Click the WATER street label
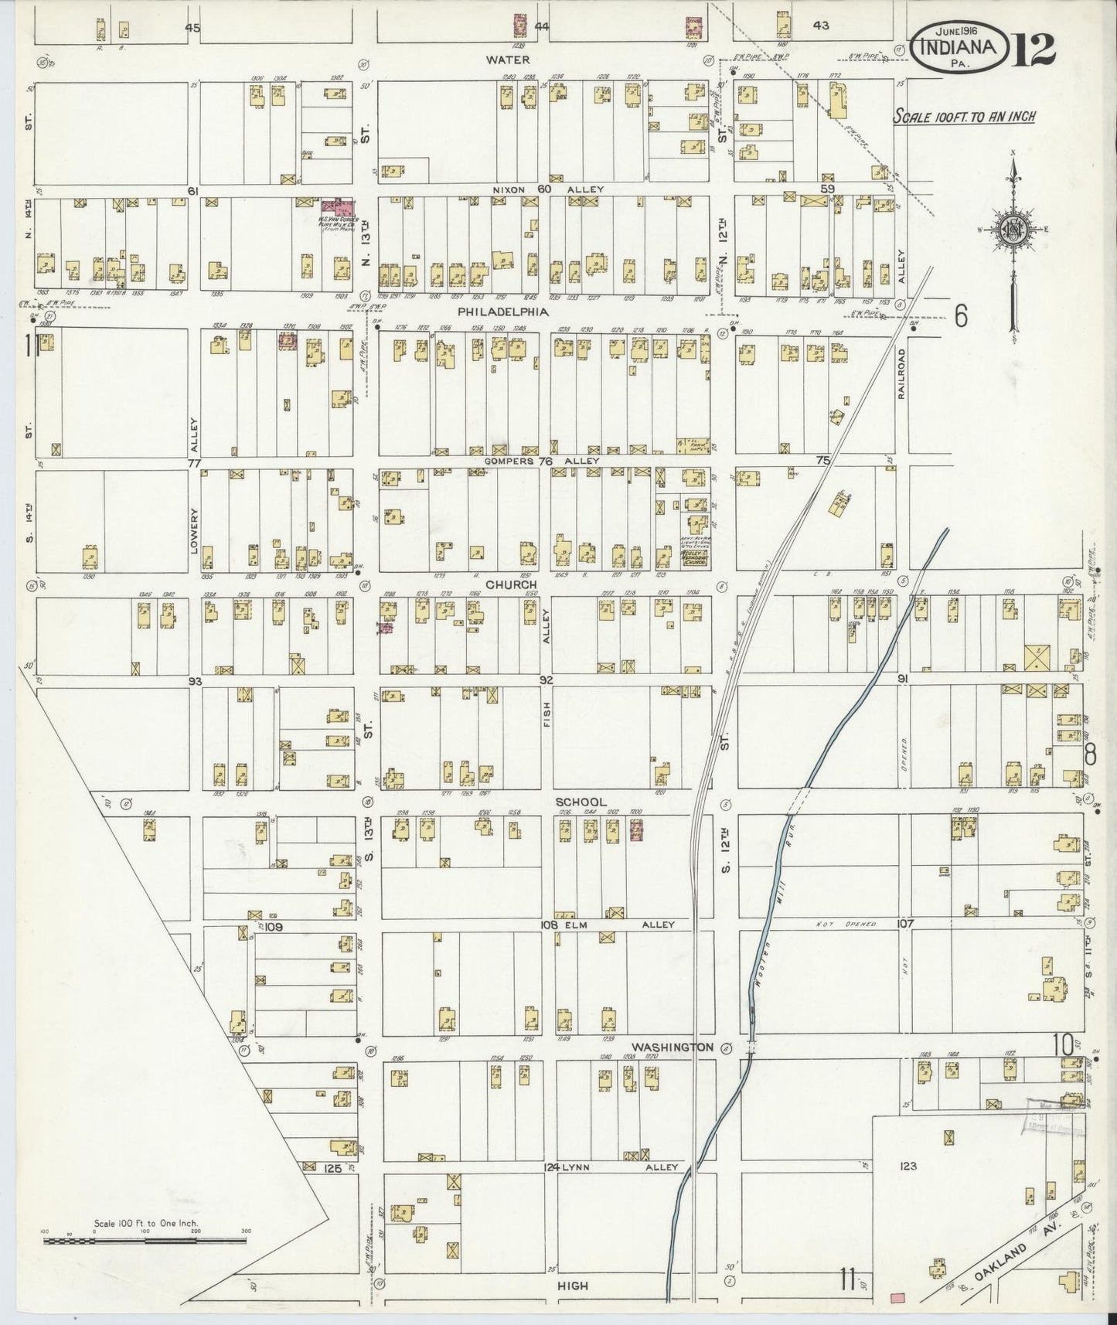[x=508, y=60]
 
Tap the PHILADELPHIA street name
[x=502, y=312]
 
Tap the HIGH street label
[x=573, y=1286]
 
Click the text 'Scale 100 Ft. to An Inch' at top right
[x=964, y=117]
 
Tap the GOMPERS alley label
[x=510, y=461]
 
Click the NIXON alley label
[x=511, y=189]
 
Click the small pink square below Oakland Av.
[x=897, y=1297]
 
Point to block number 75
[x=823, y=460]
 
